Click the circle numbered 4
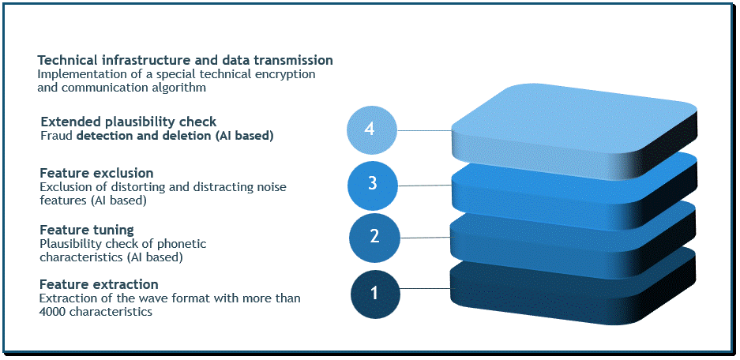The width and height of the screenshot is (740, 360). (371, 129)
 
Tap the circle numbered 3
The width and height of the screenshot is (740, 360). (372, 184)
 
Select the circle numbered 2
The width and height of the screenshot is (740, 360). (374, 236)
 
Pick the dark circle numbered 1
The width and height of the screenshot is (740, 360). (375, 294)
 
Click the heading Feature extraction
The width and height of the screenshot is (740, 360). (99, 284)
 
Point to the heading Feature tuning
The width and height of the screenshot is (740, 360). (87, 231)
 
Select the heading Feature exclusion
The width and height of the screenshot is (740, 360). (96, 172)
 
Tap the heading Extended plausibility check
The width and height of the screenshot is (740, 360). (129, 122)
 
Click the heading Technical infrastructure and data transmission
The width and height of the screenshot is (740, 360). (185, 60)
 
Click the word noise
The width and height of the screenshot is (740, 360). (271, 187)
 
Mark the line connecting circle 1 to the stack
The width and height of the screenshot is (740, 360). (425, 288)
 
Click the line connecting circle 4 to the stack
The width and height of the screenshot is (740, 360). (424, 129)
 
